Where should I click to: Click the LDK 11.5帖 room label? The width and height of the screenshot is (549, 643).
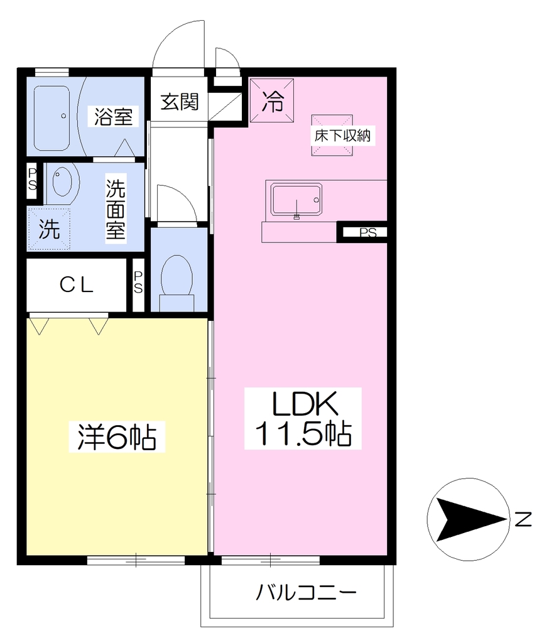303,418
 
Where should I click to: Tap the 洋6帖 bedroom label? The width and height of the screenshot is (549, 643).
117,437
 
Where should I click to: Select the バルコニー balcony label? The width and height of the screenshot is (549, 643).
306,592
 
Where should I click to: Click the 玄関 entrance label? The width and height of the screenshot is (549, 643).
179,102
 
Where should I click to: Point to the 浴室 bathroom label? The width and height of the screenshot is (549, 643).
113,116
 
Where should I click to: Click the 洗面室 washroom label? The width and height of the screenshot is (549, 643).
116,209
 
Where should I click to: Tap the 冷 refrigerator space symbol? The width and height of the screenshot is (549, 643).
273,101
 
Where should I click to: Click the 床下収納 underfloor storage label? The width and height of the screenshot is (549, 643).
342,136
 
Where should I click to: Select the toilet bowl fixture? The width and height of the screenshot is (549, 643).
177,279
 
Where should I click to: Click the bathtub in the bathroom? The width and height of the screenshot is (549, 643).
52,118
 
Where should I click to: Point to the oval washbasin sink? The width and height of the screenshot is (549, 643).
62,180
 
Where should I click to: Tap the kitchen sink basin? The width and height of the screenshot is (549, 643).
296,200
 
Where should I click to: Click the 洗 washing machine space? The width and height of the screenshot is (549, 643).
49,229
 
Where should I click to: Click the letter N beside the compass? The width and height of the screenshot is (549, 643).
523,519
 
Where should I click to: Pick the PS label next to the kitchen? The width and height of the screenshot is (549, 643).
367,233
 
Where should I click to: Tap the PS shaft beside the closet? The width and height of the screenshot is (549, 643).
138,283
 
